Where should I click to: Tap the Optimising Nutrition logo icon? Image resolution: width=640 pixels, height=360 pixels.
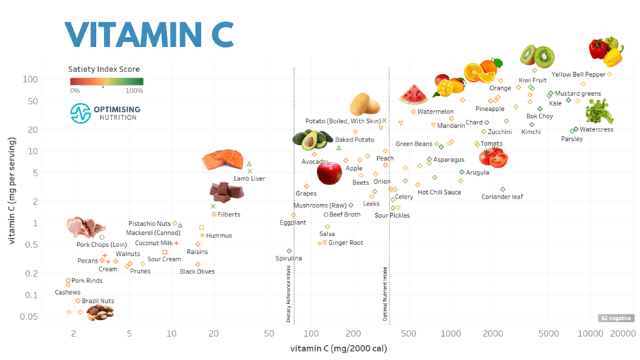(81, 113)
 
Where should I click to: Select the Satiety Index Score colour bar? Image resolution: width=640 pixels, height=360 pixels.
(106, 82)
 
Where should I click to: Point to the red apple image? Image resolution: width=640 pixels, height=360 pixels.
(330, 173)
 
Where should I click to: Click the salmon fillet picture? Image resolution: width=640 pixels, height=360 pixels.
(223, 161)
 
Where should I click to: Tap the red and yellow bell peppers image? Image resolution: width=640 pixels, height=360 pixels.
(605, 50)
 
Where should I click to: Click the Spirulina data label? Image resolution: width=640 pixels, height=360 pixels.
(289, 259)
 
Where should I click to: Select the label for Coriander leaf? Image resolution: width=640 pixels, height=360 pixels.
(502, 197)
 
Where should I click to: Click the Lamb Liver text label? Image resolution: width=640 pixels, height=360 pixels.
(249, 178)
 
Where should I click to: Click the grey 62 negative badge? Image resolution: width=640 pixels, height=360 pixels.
(616, 318)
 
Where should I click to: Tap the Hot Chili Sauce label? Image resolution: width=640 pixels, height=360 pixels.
(439, 193)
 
